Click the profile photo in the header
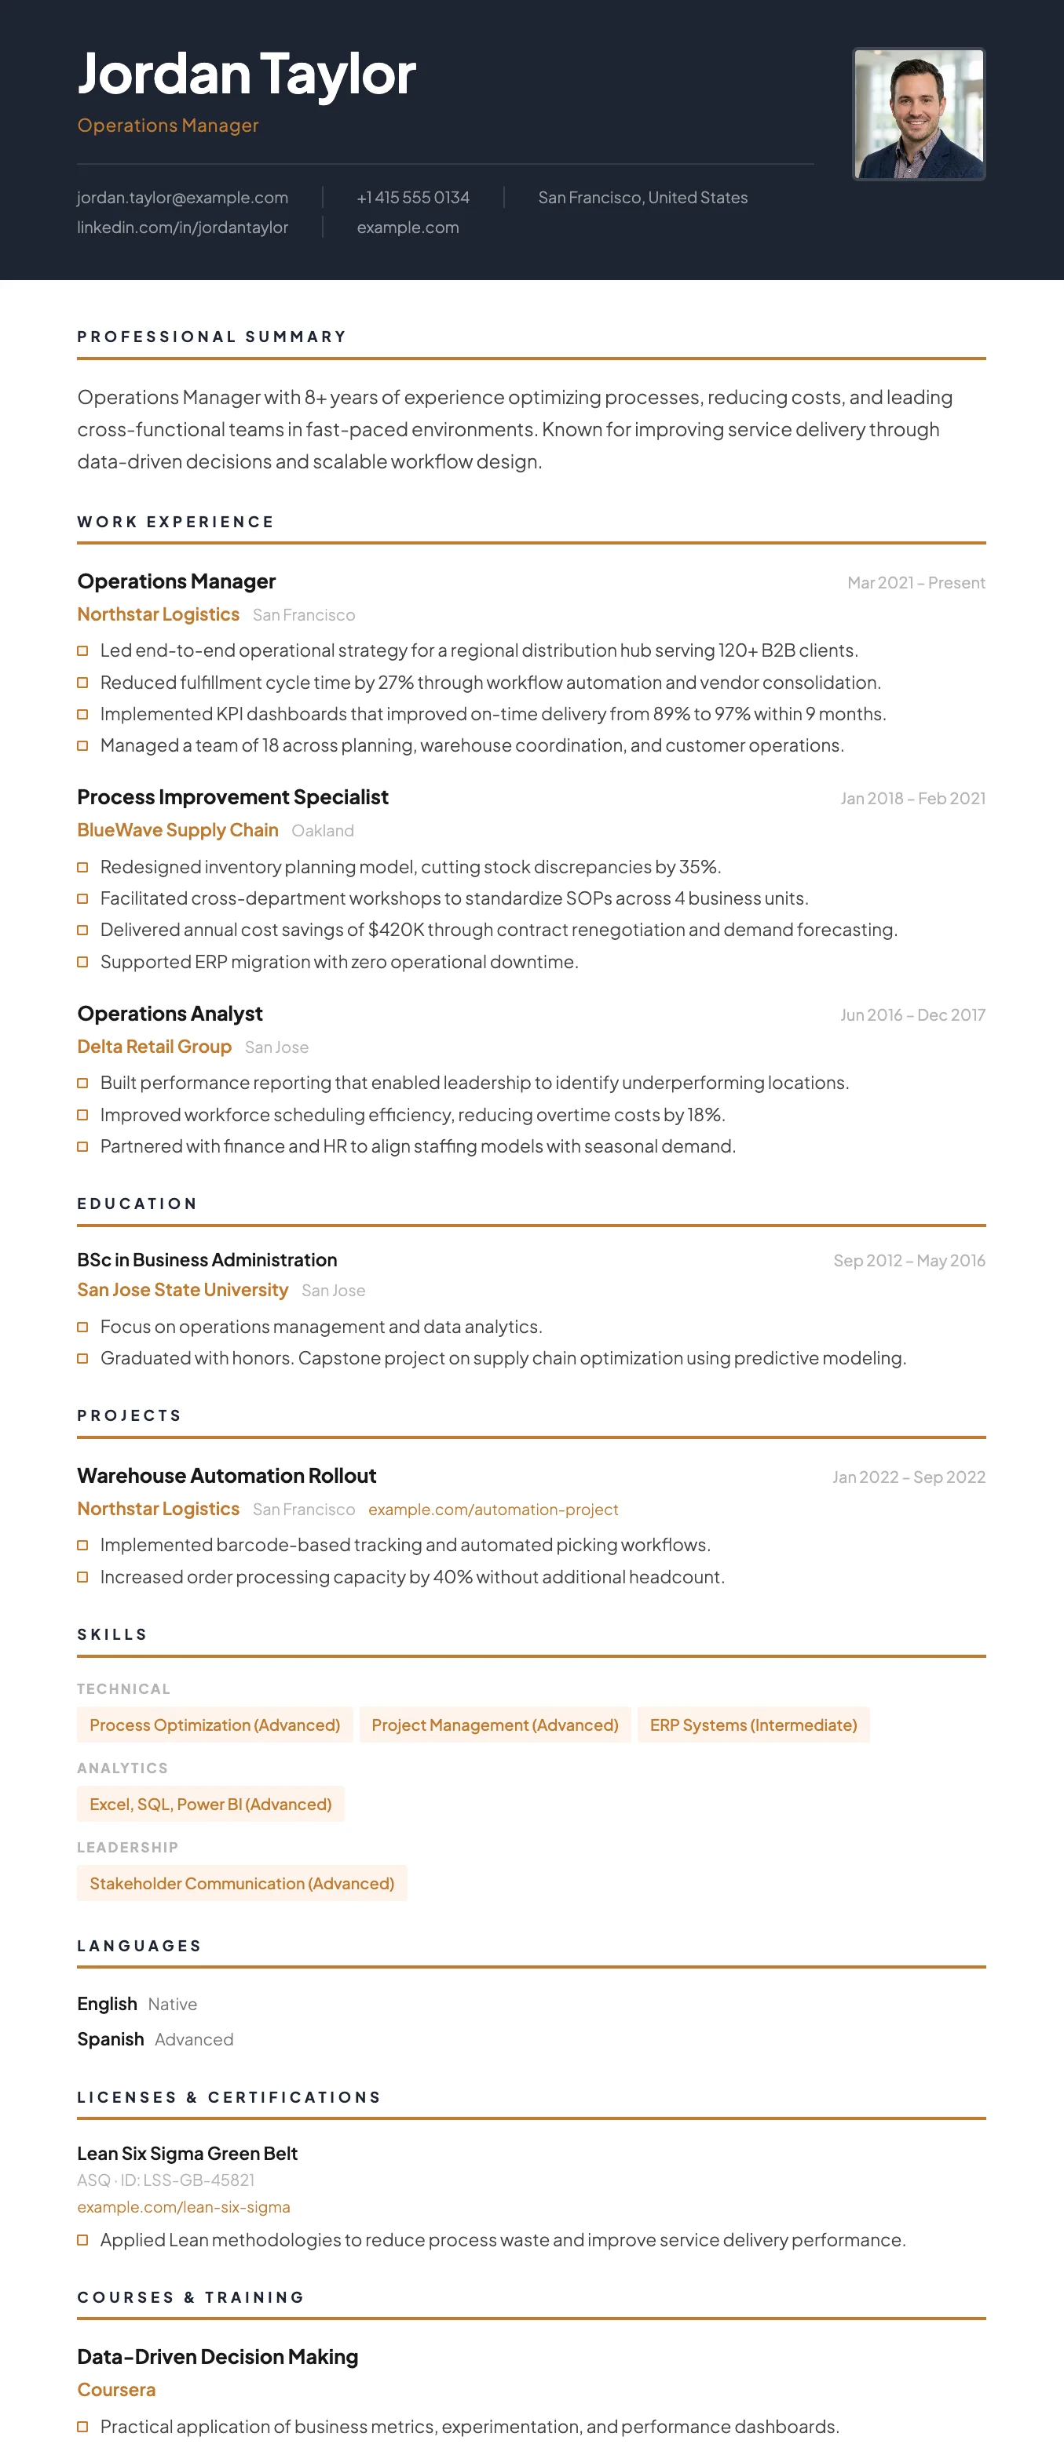coord(918,115)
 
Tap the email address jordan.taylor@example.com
coord(182,197)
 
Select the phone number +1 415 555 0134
coord(413,197)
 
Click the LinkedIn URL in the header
coord(182,227)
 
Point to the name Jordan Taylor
coord(246,74)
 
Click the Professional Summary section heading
coord(212,337)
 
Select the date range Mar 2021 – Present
coord(916,582)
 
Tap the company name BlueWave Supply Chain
coord(177,830)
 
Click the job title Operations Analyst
coord(170,1013)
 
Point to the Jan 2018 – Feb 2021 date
coord(912,799)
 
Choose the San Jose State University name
coord(182,1289)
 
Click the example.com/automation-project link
coord(493,1510)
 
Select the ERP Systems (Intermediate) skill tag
coord(753,1725)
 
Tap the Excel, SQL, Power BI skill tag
coord(210,1804)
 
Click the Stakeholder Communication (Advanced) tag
coord(241,1883)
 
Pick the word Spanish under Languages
coord(111,2038)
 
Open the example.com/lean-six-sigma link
coord(183,2206)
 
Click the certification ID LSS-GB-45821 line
coord(166,2180)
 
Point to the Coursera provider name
coord(116,2389)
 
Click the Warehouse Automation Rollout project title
coord(227,1475)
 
